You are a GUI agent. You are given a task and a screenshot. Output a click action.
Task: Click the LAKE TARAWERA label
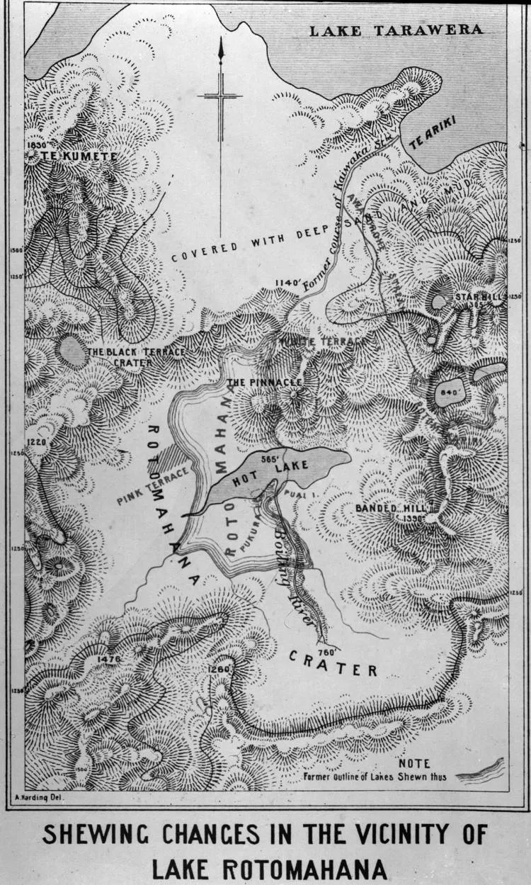[396, 30]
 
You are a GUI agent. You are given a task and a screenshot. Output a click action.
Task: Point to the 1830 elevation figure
[35, 145]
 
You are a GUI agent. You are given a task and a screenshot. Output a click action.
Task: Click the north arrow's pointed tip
[220, 40]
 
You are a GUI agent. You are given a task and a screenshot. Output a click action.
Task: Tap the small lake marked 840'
[450, 392]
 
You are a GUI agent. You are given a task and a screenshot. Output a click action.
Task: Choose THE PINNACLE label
[265, 382]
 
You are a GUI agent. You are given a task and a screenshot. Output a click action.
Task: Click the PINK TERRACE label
[153, 485]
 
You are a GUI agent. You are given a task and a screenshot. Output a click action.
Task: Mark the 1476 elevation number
[107, 659]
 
